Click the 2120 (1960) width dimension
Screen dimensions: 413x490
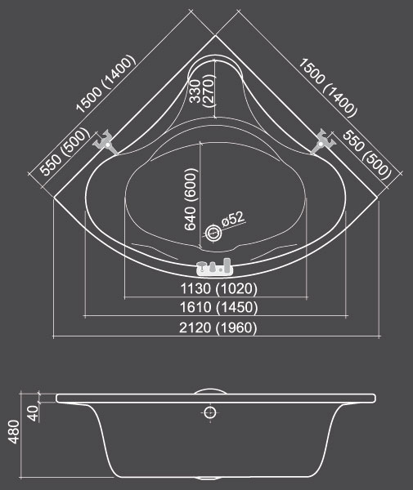pyautogui.click(x=218, y=327)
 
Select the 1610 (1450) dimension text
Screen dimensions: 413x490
pyautogui.click(x=218, y=307)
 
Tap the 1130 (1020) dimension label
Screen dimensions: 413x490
pyautogui.click(x=218, y=288)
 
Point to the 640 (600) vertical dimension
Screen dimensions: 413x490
pyautogui.click(x=191, y=199)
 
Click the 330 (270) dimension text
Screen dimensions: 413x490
pyautogui.click(x=203, y=91)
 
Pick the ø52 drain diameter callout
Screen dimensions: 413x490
pyautogui.click(x=232, y=219)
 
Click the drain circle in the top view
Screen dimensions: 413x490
pyautogui.click(x=213, y=233)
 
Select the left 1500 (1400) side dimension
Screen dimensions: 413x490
pyautogui.click(x=105, y=84)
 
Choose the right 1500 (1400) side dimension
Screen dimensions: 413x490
pyautogui.click(x=327, y=88)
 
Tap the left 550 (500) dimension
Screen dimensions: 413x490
pyautogui.click(x=65, y=151)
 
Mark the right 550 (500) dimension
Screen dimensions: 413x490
pyautogui.click(x=367, y=155)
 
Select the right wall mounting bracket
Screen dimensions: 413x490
pyautogui.click(x=323, y=142)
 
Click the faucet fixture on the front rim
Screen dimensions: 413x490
pyautogui.click(x=215, y=267)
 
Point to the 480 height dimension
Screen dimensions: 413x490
pyautogui.click(x=14, y=431)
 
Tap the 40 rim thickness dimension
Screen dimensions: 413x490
pyautogui.click(x=34, y=413)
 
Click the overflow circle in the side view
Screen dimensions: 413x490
pyautogui.click(x=210, y=412)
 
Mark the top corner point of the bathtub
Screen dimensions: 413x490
pyautogui.click(x=215, y=35)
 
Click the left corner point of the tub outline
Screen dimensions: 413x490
pyautogui.click(x=53, y=198)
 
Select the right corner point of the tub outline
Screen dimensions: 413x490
pyautogui.click(x=378, y=198)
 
